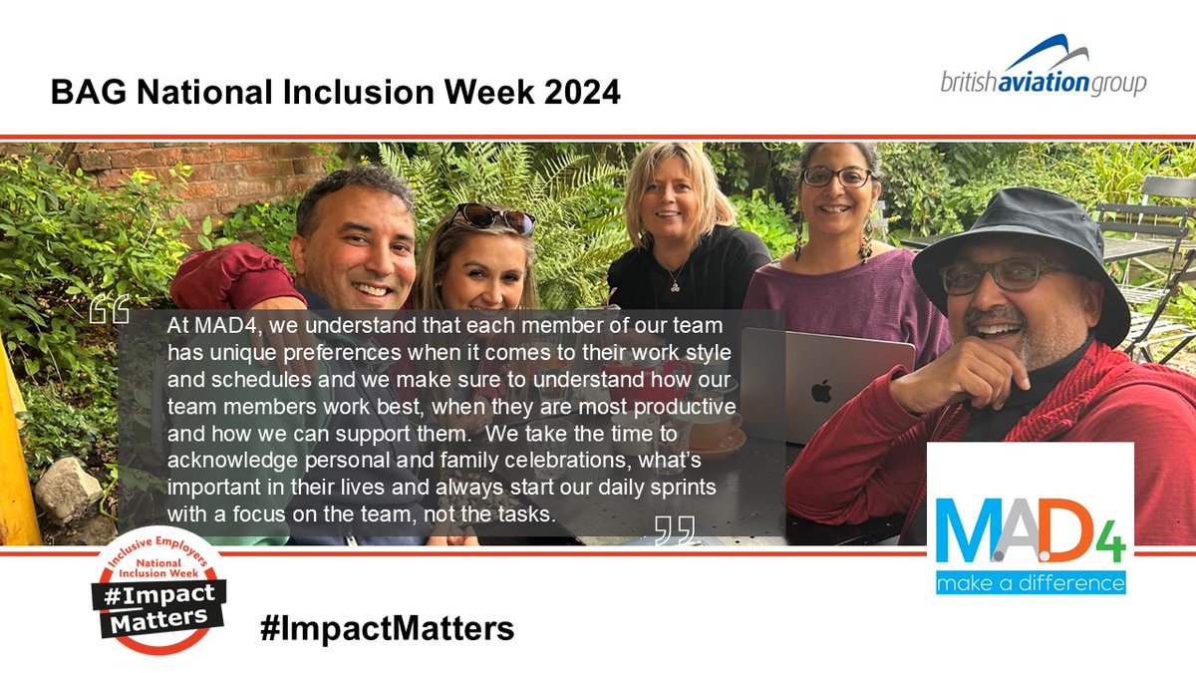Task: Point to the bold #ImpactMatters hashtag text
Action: pyautogui.click(x=387, y=629)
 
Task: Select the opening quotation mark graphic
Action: pyautogui.click(x=110, y=308)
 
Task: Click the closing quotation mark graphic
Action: pyautogui.click(x=675, y=530)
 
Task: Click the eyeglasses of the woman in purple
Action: pyautogui.click(x=837, y=177)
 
